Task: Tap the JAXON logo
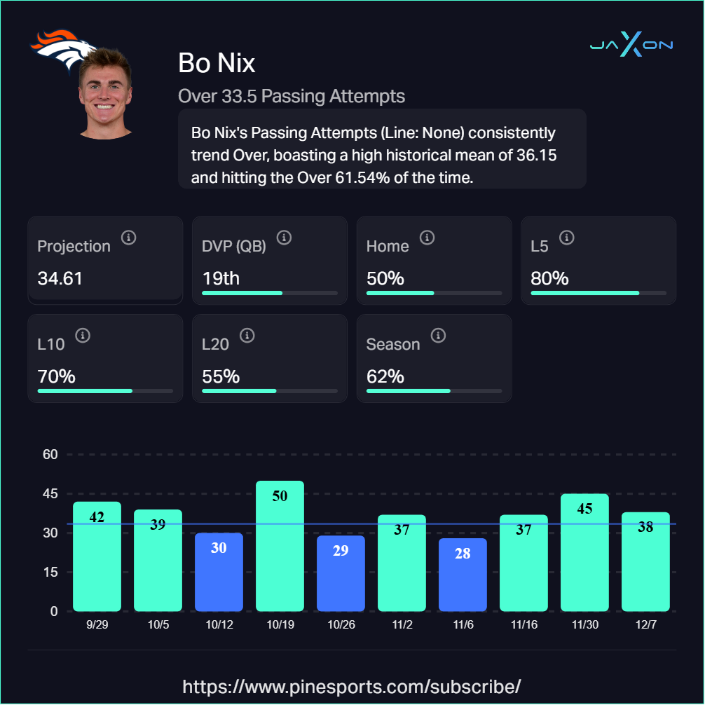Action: click(x=631, y=46)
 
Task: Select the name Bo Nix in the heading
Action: click(x=217, y=63)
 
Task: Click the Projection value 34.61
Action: click(x=60, y=278)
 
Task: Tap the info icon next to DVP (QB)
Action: click(x=284, y=238)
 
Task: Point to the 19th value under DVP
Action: click(x=221, y=278)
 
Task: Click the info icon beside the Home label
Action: click(x=427, y=238)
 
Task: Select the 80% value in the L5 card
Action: click(x=549, y=278)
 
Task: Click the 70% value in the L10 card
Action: click(x=56, y=376)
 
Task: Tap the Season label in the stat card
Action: click(x=393, y=344)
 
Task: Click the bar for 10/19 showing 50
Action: click(x=280, y=546)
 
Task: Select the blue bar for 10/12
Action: click(x=219, y=572)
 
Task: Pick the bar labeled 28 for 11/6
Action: click(x=463, y=575)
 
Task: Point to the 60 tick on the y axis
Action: click(x=50, y=455)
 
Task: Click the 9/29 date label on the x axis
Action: click(x=97, y=624)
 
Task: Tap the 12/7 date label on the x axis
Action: click(x=645, y=624)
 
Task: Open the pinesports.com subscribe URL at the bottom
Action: click(x=352, y=685)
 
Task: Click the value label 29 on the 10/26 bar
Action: click(x=341, y=551)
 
